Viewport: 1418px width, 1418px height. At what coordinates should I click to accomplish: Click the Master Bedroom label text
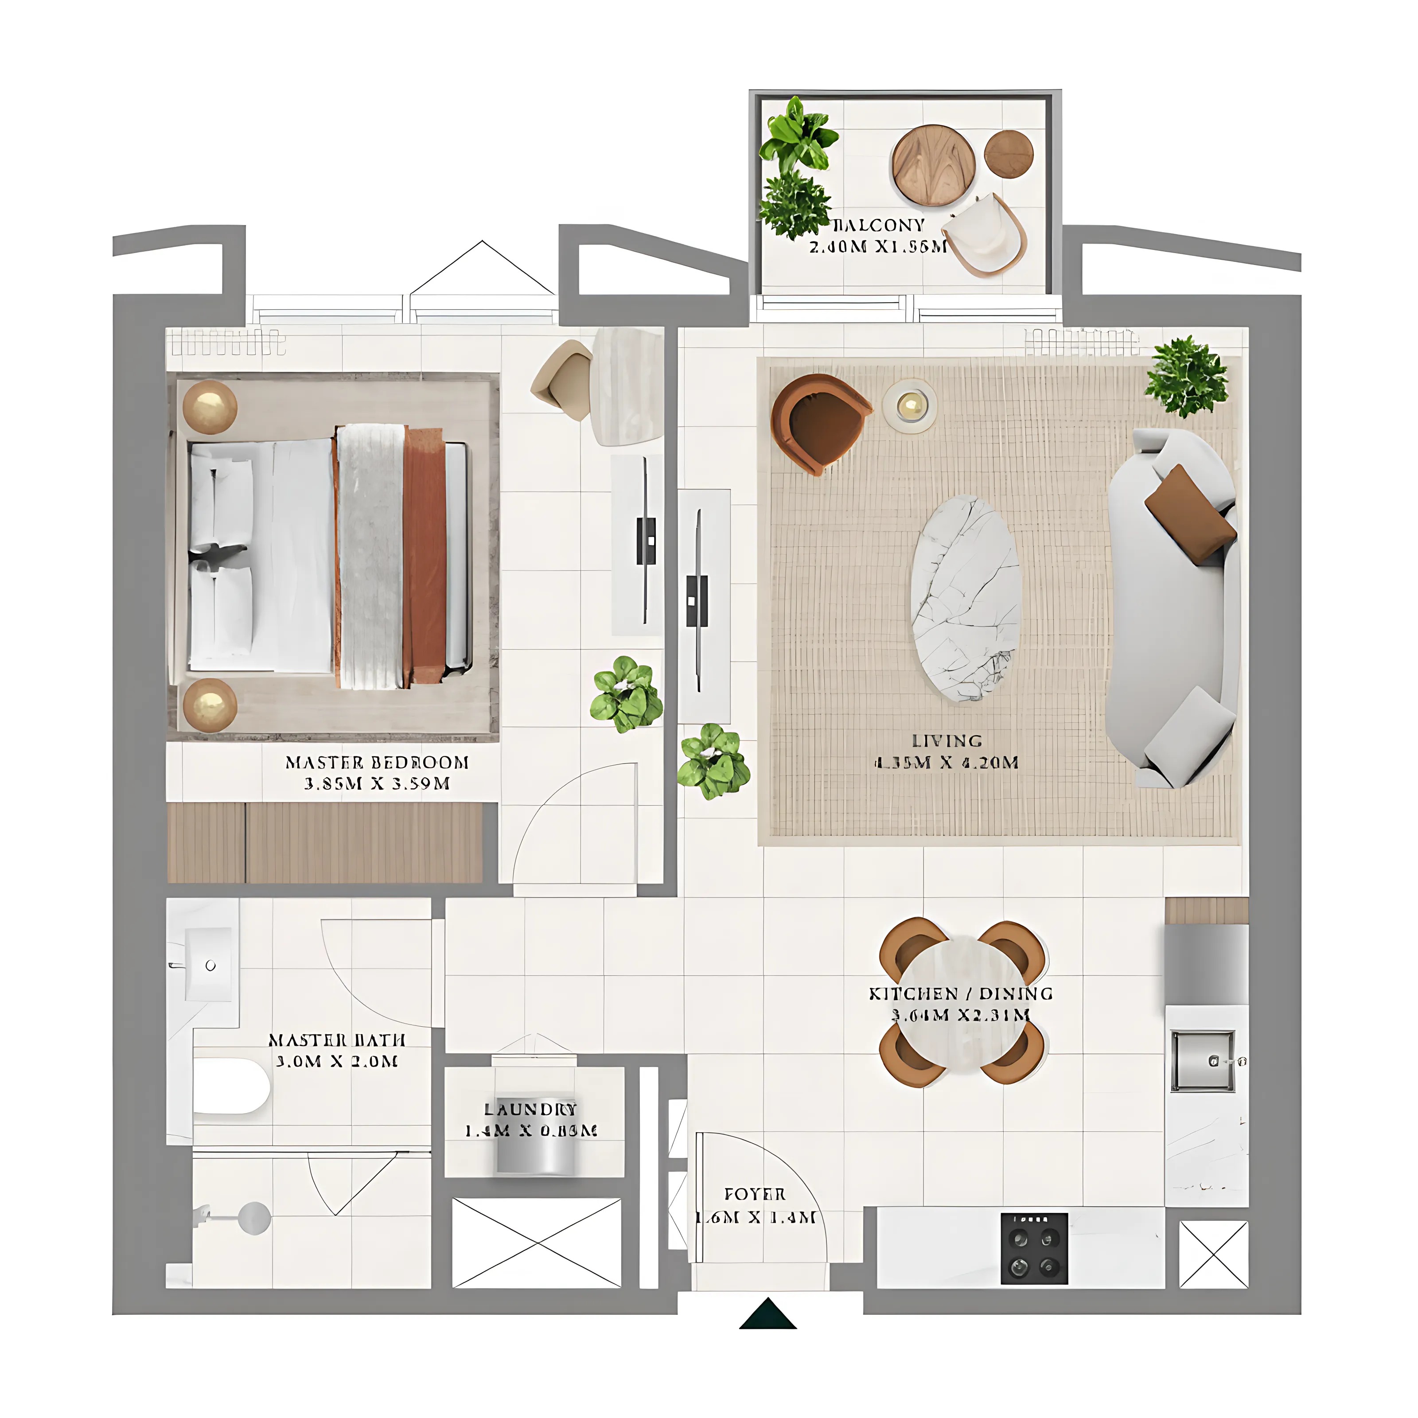pyautogui.click(x=377, y=763)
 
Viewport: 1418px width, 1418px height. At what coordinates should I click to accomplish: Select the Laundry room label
pyautogui.click(x=531, y=1109)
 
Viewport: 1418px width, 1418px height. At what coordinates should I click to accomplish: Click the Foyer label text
pyautogui.click(x=755, y=1194)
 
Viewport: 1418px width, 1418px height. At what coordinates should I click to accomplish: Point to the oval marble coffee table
pyautogui.click(x=965, y=598)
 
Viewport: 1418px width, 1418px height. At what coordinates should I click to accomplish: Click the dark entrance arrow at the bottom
pyautogui.click(x=768, y=1314)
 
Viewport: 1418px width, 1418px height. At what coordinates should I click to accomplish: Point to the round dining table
pyautogui.click(x=962, y=1002)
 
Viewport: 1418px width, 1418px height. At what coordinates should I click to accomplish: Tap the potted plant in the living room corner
pyautogui.click(x=1186, y=377)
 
